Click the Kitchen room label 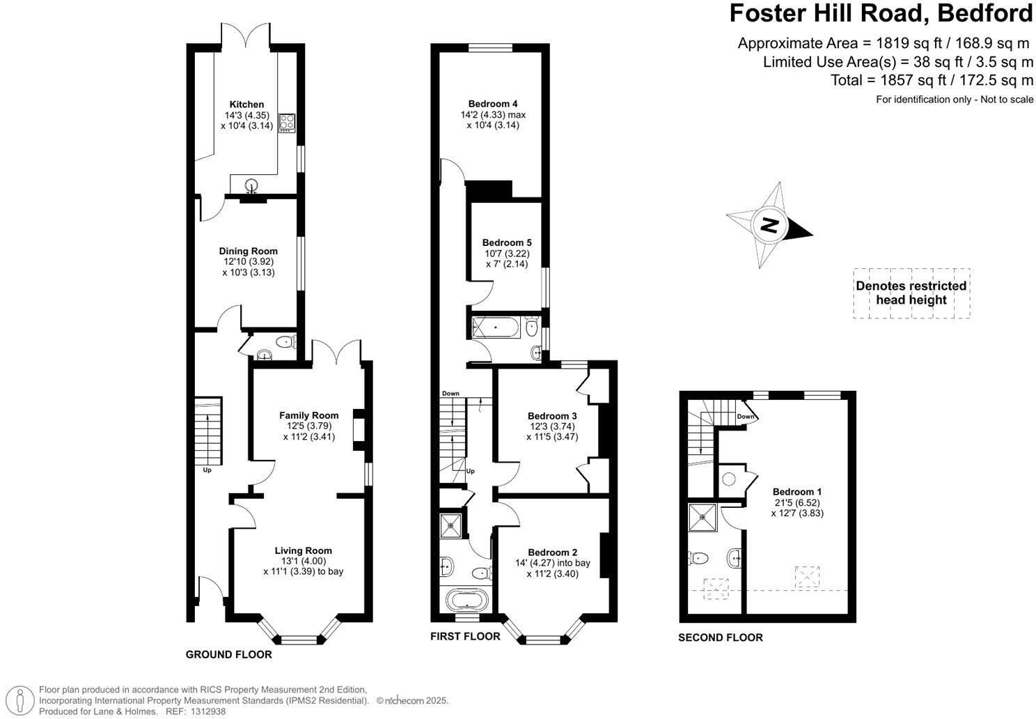click(246, 105)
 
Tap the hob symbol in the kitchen click(287, 123)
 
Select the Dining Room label click(248, 251)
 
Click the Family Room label click(309, 415)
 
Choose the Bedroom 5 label click(506, 242)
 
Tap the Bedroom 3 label click(552, 416)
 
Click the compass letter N click(769, 225)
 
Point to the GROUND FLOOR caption click(228, 655)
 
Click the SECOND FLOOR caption click(720, 637)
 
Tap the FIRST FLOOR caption click(464, 636)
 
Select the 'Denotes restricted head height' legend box click(911, 293)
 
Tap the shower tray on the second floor click(702, 517)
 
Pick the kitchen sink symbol click(251, 185)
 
